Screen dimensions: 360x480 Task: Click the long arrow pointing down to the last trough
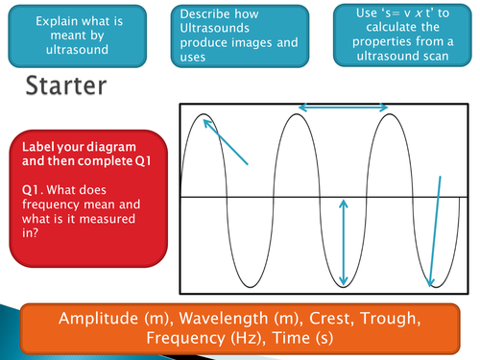tap(435, 230)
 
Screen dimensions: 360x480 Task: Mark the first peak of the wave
tap(204, 116)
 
